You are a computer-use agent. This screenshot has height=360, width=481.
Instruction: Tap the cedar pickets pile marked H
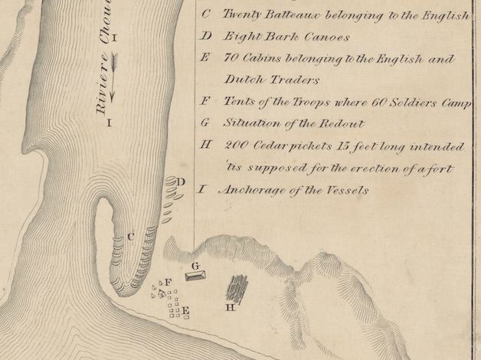(237, 290)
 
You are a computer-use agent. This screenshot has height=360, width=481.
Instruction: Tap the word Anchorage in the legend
(254, 190)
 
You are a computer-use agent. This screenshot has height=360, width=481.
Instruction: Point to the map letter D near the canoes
(181, 182)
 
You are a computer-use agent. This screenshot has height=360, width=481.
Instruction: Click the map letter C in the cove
(131, 237)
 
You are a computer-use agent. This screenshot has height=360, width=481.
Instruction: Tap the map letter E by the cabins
(185, 310)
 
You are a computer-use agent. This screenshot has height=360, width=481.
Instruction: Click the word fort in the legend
(441, 168)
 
